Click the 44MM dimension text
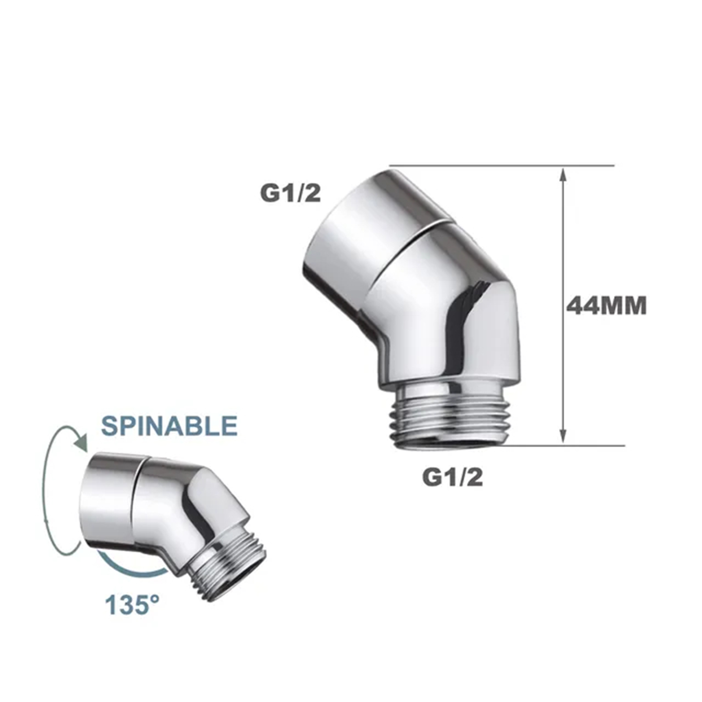click(x=606, y=306)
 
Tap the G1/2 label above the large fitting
click(x=290, y=193)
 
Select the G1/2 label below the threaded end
click(x=452, y=477)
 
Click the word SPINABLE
click(x=169, y=426)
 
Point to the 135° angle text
click(x=132, y=605)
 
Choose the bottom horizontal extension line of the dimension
click(x=566, y=446)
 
